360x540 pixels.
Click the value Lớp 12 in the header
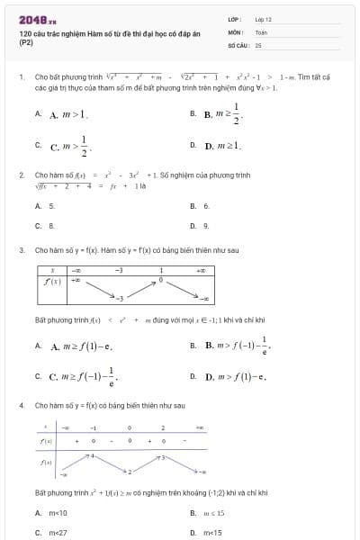click(263, 19)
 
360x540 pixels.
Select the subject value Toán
click(261, 31)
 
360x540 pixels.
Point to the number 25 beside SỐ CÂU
click(258, 44)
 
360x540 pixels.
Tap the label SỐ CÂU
click(237, 44)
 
